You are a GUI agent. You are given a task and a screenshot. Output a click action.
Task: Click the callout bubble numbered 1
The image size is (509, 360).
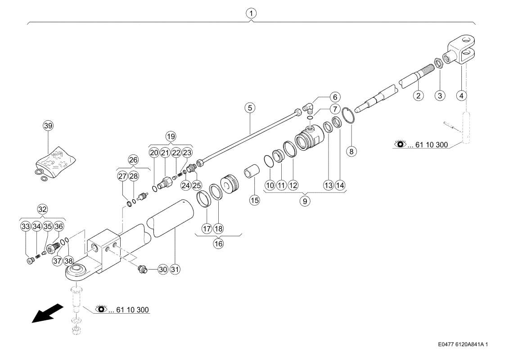tap(251, 13)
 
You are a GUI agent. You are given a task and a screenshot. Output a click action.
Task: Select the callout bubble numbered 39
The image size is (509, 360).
tap(48, 126)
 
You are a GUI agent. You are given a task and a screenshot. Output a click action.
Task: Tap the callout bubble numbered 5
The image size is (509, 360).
tap(250, 108)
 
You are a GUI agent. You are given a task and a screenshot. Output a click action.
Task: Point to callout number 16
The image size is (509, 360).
tap(218, 243)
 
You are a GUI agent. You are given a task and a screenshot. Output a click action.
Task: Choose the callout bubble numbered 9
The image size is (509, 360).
tap(305, 201)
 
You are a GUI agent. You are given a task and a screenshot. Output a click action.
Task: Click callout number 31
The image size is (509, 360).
tap(175, 269)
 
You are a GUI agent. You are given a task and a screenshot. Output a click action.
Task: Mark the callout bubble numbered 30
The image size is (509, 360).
tap(163, 269)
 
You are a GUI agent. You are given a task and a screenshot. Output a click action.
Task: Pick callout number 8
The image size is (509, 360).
tap(351, 151)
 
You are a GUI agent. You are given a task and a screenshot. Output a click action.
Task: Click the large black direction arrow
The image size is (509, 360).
tap(47, 313)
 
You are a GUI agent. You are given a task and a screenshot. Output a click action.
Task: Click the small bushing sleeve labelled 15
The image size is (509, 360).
tap(252, 172)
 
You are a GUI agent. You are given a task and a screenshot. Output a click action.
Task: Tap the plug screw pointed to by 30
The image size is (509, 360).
tap(143, 269)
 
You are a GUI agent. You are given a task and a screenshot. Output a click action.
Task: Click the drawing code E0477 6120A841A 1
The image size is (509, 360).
tap(463, 344)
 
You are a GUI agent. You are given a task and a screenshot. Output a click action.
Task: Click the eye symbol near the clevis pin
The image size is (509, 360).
tap(400, 144)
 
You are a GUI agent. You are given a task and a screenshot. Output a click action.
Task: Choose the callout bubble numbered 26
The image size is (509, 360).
tap(133, 160)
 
